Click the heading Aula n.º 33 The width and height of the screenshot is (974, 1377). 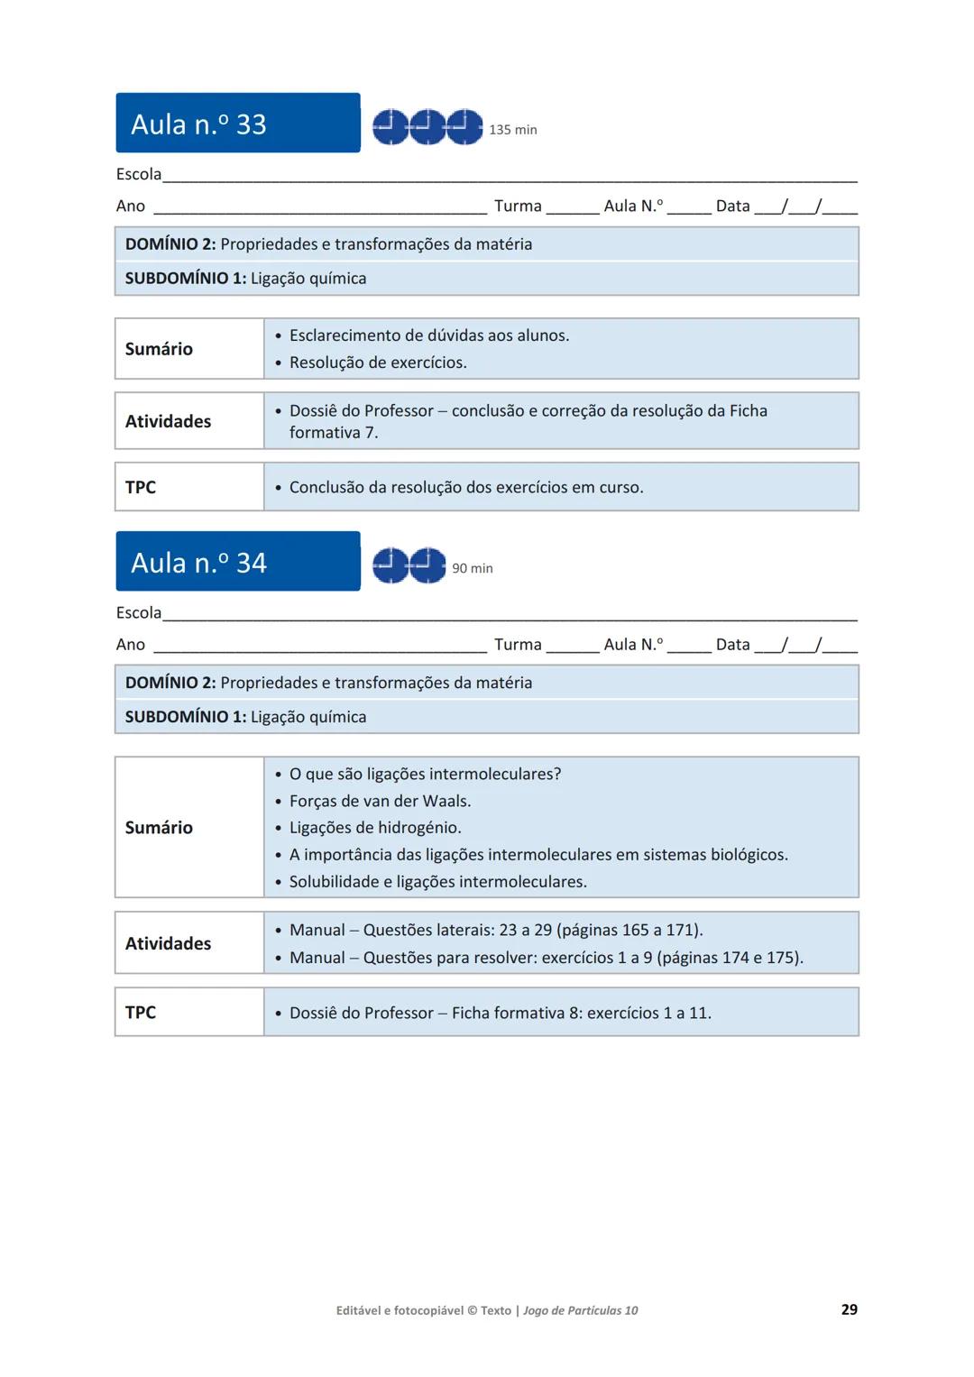[198, 124]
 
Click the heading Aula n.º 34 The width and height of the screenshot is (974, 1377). [198, 563]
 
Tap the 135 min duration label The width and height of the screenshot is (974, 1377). [512, 130]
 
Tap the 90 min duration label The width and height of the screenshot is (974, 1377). [472, 568]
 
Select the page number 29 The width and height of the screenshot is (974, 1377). [849, 1309]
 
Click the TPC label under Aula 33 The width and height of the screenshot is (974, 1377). [141, 487]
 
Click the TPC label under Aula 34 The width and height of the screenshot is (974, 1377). [141, 1012]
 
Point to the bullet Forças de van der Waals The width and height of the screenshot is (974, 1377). [380, 801]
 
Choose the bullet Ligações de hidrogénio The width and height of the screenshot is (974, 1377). [374, 828]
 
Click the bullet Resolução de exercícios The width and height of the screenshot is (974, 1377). [377, 363]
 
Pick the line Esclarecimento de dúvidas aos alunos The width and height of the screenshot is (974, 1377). [428, 335]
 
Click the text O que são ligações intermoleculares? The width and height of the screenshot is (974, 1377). [425, 774]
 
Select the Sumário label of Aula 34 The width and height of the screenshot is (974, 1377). [159, 828]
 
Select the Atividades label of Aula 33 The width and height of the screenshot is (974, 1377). [168, 421]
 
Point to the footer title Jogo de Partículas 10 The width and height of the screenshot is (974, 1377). [580, 1310]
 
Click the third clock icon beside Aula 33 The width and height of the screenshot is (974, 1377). [464, 127]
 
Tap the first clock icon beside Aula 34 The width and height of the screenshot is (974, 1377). [391, 565]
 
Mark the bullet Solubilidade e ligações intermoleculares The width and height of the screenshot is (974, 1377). [437, 882]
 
